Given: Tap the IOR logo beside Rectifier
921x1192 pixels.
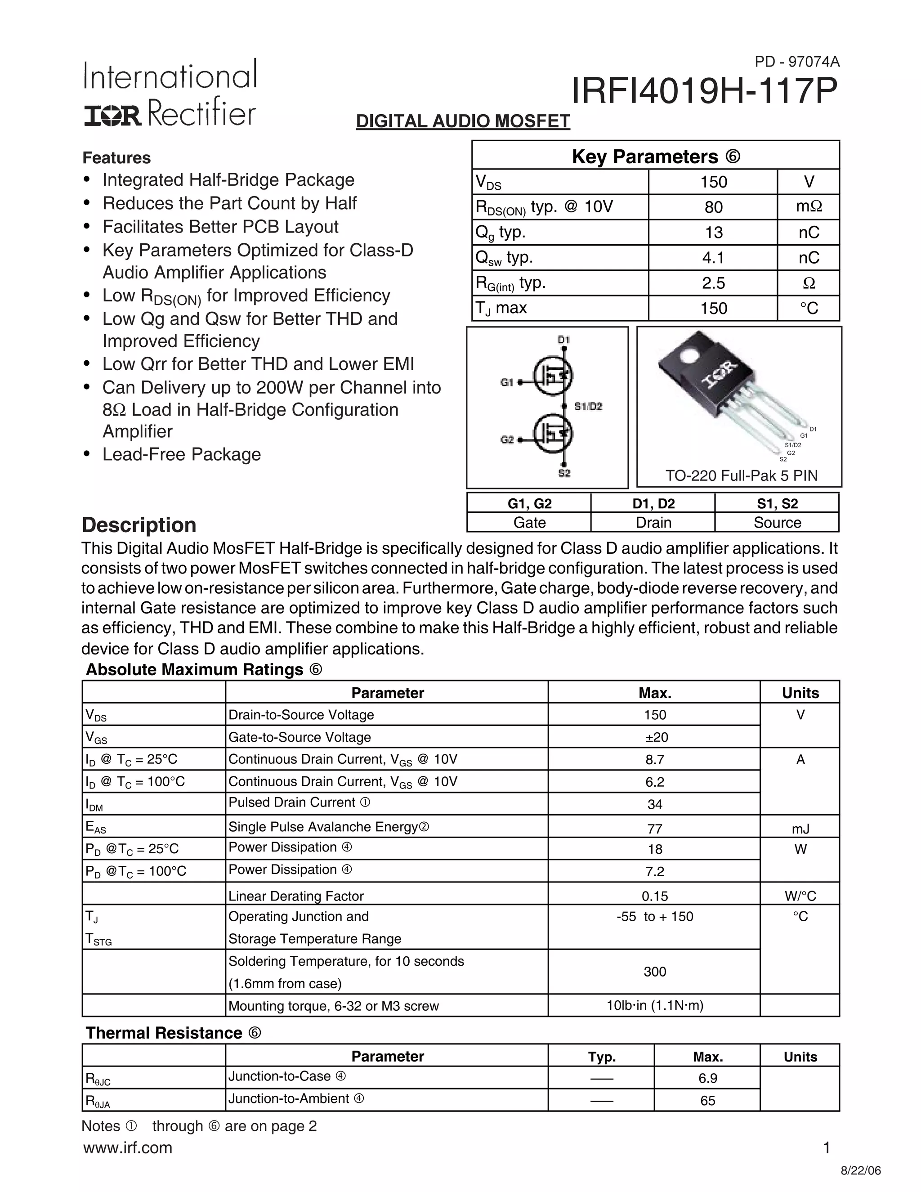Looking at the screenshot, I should pyautogui.click(x=112, y=116).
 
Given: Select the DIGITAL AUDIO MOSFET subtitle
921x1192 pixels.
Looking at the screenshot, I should pyautogui.click(x=463, y=121).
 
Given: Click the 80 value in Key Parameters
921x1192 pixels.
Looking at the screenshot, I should pyautogui.click(x=713, y=207).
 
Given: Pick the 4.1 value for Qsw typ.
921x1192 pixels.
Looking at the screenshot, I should pyautogui.click(x=713, y=258).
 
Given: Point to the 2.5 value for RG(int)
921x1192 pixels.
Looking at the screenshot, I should pyautogui.click(x=713, y=283).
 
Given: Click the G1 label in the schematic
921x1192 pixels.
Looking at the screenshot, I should pyautogui.click(x=507, y=383).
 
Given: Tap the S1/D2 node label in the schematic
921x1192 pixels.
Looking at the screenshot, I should pyautogui.click(x=588, y=407).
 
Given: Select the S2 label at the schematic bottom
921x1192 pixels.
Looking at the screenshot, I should pyautogui.click(x=564, y=473).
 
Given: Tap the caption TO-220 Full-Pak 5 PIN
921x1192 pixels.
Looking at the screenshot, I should pyautogui.click(x=741, y=475).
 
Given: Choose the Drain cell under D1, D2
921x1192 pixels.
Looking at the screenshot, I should pyautogui.click(x=653, y=523).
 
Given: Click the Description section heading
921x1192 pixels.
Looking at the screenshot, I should pyautogui.click(x=139, y=525).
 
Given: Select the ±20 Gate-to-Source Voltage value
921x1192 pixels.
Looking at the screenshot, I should pyautogui.click(x=655, y=737).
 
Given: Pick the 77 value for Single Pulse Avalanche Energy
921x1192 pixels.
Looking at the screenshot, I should pyautogui.click(x=655, y=829).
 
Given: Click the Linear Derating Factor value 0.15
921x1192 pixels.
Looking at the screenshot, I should pyautogui.click(x=655, y=896).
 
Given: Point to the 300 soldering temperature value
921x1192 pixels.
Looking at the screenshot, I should pyautogui.click(x=655, y=972).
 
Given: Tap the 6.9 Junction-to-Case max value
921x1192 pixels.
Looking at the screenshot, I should pyautogui.click(x=708, y=1079).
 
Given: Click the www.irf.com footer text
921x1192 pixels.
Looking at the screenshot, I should pyautogui.click(x=128, y=1148).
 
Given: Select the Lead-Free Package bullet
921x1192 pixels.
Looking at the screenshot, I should pyautogui.click(x=181, y=455).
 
